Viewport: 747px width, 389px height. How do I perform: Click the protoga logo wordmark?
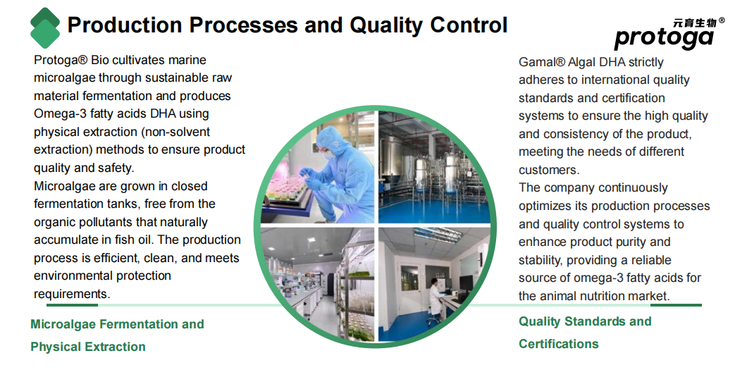click(664, 38)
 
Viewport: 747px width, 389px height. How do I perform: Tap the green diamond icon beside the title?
click(45, 27)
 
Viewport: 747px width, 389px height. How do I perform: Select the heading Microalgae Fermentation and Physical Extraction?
click(117, 335)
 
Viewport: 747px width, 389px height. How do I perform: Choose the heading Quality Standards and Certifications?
click(585, 333)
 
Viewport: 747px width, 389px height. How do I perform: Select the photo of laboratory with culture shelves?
click(317, 284)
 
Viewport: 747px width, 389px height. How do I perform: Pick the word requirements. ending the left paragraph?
click(72, 294)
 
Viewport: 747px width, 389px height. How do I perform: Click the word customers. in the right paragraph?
click(549, 170)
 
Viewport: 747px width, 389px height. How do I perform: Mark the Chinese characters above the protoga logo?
click(695, 23)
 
